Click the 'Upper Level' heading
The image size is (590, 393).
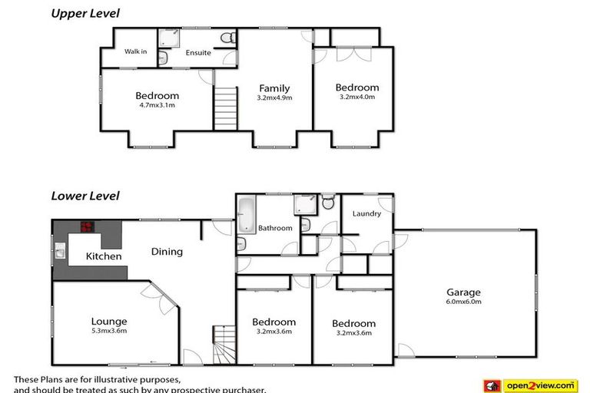[85, 13]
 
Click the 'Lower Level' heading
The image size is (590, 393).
[85, 196]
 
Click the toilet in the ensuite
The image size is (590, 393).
[227, 37]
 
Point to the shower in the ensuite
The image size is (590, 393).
[168, 38]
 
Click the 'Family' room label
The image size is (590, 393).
[273, 88]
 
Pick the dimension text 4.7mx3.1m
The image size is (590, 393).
[157, 105]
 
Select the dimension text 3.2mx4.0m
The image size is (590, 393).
[356, 97]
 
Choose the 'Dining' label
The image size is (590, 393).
[167, 251]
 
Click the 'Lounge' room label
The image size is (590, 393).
[108, 321]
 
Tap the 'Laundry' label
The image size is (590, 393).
[366, 213]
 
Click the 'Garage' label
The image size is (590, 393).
[463, 292]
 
